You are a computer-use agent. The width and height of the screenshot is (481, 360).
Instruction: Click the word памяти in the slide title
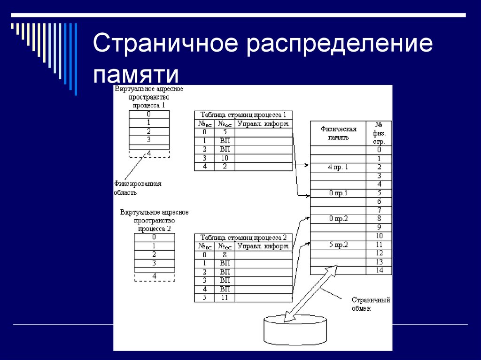click(136, 75)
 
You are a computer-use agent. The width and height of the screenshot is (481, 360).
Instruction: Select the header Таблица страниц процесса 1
click(243, 115)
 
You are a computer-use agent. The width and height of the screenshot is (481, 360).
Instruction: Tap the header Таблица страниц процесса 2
click(243, 237)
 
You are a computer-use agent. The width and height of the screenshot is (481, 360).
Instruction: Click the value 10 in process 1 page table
click(224, 158)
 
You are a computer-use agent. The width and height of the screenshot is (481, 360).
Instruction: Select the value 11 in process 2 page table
click(224, 298)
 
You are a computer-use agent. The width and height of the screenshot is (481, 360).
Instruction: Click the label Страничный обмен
click(371, 304)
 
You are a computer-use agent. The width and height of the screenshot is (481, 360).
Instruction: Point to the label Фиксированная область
click(137, 188)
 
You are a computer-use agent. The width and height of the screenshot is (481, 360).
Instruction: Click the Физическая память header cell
click(338, 133)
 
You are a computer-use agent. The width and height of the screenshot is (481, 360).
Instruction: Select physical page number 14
click(379, 270)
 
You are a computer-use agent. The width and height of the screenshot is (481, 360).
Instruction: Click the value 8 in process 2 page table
click(224, 255)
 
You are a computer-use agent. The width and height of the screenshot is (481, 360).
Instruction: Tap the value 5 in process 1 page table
click(224, 132)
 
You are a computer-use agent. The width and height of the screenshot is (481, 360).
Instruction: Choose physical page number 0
click(379, 150)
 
